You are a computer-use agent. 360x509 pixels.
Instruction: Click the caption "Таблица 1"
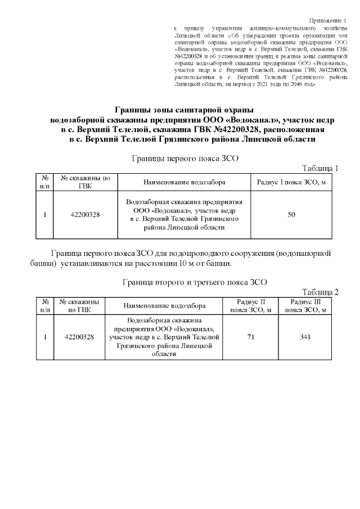pyautogui.click(x=320, y=168)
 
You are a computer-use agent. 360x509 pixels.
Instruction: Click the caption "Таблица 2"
pyautogui.click(x=320, y=292)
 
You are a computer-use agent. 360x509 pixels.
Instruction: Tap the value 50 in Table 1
pyautogui.click(x=291, y=214)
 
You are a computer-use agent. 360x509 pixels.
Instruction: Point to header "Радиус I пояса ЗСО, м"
pyautogui.click(x=291, y=183)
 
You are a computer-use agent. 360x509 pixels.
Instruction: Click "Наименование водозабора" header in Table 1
pyautogui.click(x=184, y=183)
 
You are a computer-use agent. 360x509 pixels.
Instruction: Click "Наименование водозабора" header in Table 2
pyautogui.click(x=164, y=306)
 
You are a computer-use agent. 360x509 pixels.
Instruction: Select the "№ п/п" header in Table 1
pyautogui.click(x=44, y=183)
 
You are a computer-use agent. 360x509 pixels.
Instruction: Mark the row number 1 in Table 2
pyautogui.click(x=44, y=337)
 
